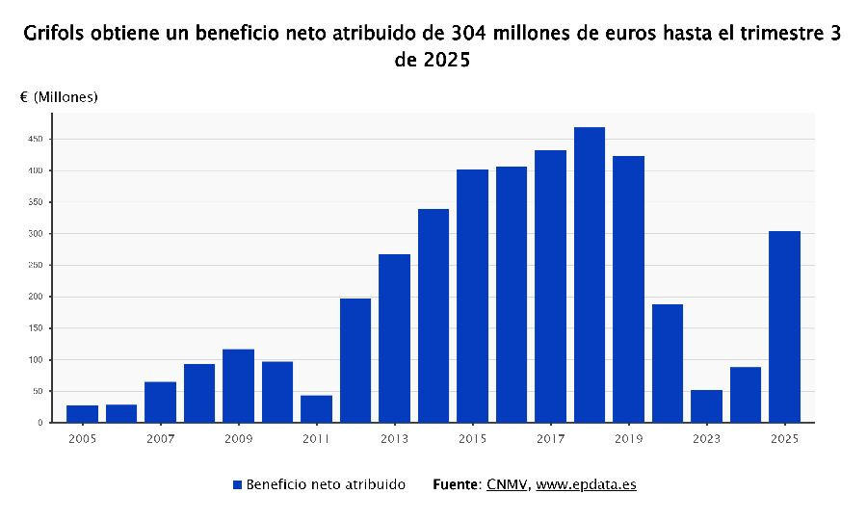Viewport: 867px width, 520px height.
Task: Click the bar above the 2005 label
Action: (x=82, y=413)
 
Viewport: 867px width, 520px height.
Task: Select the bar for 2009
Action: (x=238, y=385)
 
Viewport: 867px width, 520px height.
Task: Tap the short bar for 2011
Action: (x=316, y=408)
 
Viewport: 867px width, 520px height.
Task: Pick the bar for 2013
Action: (x=394, y=338)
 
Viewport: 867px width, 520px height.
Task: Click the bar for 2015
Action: (x=472, y=296)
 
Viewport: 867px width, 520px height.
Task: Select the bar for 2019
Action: (x=628, y=289)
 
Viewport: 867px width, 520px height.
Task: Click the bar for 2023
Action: (x=706, y=405)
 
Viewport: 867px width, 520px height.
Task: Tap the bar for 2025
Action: (x=784, y=326)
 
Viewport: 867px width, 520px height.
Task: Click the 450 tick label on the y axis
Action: (x=35, y=139)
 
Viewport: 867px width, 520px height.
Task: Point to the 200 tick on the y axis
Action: (x=35, y=297)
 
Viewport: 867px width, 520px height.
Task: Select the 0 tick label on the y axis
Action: (x=39, y=423)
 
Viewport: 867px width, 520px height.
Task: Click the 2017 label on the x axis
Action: (x=550, y=439)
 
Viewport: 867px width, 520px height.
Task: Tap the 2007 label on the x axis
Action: (x=160, y=439)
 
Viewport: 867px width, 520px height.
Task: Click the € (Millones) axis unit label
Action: (x=59, y=97)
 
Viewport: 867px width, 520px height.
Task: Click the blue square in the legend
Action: (x=237, y=484)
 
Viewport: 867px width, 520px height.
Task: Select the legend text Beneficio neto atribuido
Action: (x=326, y=484)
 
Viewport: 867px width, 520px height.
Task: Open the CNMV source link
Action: (x=506, y=484)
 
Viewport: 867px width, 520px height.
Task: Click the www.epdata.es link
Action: (x=586, y=484)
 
